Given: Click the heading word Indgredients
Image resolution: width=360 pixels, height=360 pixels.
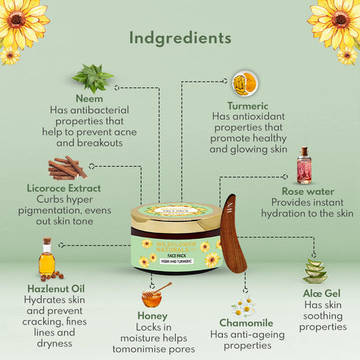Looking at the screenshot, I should [x=180, y=37].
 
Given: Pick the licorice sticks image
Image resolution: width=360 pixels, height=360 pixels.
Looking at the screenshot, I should [x=68, y=168].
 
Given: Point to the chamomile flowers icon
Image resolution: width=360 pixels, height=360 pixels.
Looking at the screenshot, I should [x=243, y=305].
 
